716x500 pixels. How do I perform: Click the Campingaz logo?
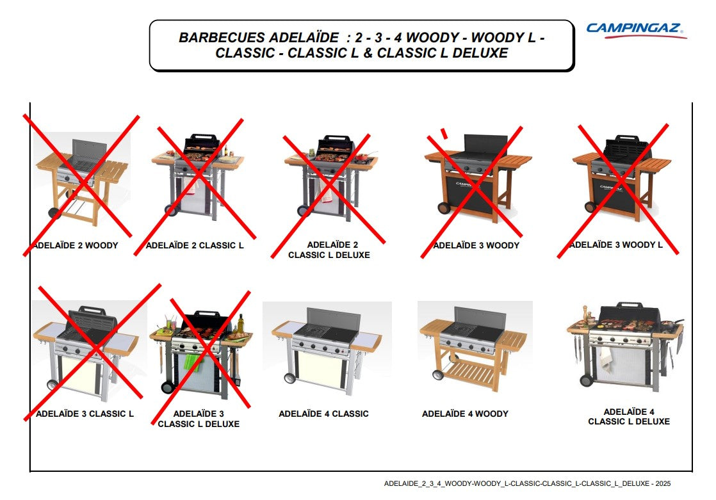coord(637,30)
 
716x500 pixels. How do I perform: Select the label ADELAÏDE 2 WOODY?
coord(76,245)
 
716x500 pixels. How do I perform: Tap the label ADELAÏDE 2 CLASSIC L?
coord(195,245)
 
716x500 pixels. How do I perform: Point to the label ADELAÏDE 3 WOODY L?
coord(616,245)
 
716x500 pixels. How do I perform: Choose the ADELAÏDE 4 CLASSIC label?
coord(324,414)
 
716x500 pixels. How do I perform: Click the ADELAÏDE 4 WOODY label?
coord(465,414)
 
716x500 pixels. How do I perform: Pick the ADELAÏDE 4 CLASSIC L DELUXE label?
coord(629,416)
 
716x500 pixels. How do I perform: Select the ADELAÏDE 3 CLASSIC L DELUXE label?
coord(199,419)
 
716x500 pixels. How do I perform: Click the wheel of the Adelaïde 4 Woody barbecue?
coord(438,375)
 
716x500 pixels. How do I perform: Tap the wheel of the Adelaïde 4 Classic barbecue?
coord(289,378)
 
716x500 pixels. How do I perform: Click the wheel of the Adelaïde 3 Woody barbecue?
coord(443,208)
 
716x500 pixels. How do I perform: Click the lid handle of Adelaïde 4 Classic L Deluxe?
coord(630,304)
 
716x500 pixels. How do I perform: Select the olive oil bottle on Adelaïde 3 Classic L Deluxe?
coord(241,323)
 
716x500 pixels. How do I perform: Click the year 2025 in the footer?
coord(663,483)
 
